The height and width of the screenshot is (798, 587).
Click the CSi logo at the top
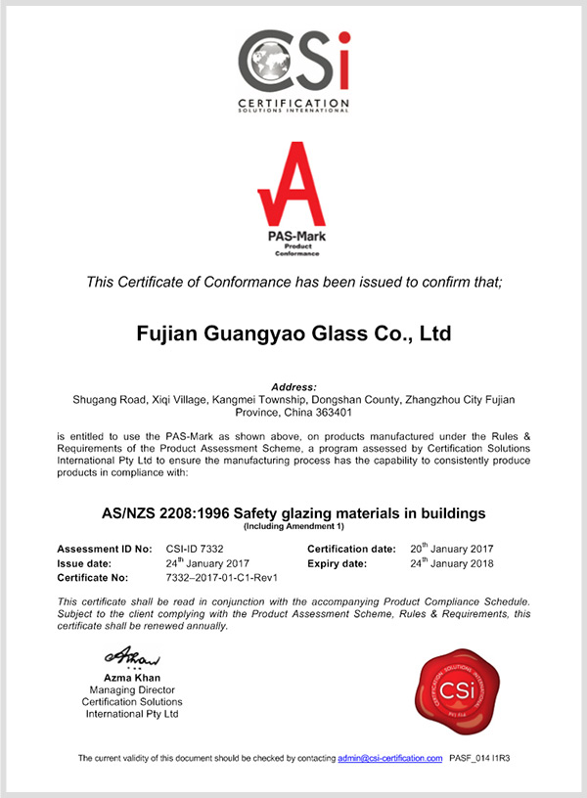(293, 68)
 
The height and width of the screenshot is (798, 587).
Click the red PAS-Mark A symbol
(293, 186)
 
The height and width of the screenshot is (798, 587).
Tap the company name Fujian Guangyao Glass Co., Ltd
(293, 333)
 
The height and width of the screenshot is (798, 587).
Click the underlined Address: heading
(293, 388)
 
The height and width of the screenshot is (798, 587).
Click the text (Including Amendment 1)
(293, 526)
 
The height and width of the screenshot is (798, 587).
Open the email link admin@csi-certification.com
(390, 759)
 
